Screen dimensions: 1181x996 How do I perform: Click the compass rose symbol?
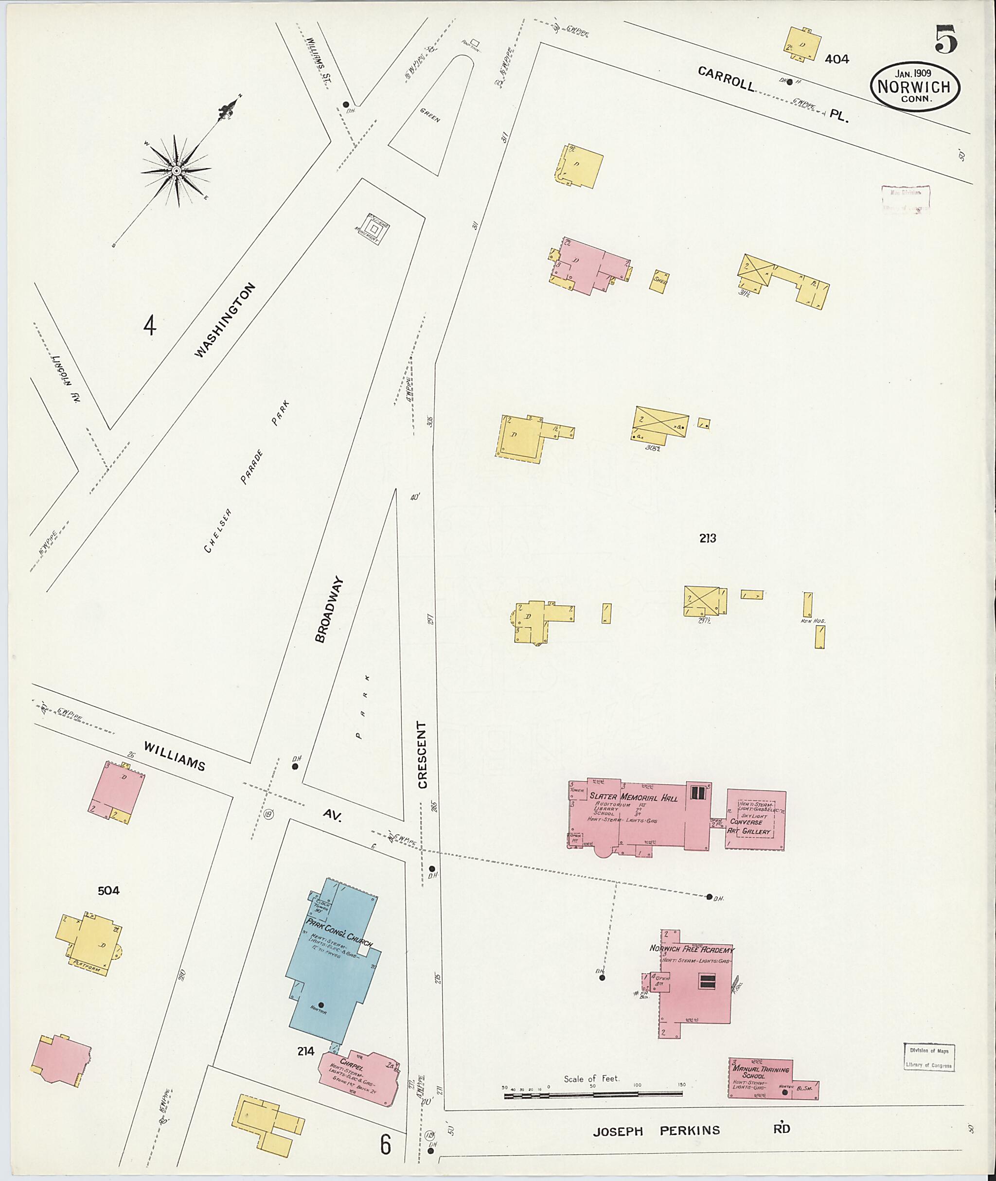(176, 170)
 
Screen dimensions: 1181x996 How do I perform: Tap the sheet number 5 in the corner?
(946, 39)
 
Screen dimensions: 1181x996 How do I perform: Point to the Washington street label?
(225, 319)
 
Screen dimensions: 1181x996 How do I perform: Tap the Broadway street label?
(330, 609)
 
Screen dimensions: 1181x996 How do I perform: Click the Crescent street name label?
(422, 754)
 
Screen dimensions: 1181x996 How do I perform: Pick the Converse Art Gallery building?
(755, 820)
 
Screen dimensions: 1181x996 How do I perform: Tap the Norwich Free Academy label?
(692, 949)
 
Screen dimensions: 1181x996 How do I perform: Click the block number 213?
(708, 539)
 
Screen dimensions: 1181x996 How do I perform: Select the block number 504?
(108, 891)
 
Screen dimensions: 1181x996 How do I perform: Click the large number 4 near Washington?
(149, 326)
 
